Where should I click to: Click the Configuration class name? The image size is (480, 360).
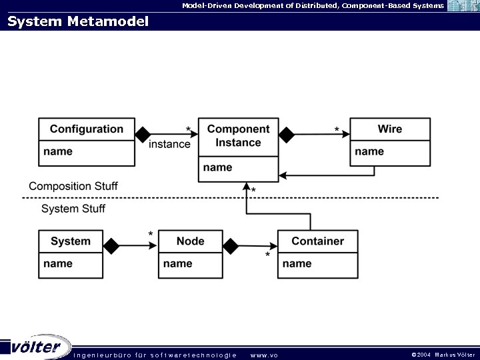coord(86,129)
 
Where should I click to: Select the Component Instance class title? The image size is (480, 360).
coord(238,136)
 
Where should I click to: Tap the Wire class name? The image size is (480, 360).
coord(389,129)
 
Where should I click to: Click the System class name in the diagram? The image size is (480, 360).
coord(70,241)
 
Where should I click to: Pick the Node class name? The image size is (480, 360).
coord(190,241)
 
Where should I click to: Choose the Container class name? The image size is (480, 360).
coord(317,241)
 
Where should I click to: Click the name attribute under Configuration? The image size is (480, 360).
coord(58,152)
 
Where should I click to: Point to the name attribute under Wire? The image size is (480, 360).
coord(369,152)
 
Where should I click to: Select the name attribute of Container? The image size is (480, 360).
coord(297,264)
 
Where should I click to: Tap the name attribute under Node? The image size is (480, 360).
coord(177,264)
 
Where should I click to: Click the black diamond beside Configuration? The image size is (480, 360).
coord(143,135)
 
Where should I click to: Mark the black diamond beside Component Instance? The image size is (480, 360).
coord(287,135)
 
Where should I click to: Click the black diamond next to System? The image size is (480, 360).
coord(111,247)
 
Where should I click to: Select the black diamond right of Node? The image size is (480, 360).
coord(231,247)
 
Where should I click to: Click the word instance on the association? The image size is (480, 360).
coord(169,144)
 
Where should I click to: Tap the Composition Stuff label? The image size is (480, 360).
coord(73,186)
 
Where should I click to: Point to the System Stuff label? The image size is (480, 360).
coord(73,209)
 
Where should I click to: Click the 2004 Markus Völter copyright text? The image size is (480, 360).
coord(443,355)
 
